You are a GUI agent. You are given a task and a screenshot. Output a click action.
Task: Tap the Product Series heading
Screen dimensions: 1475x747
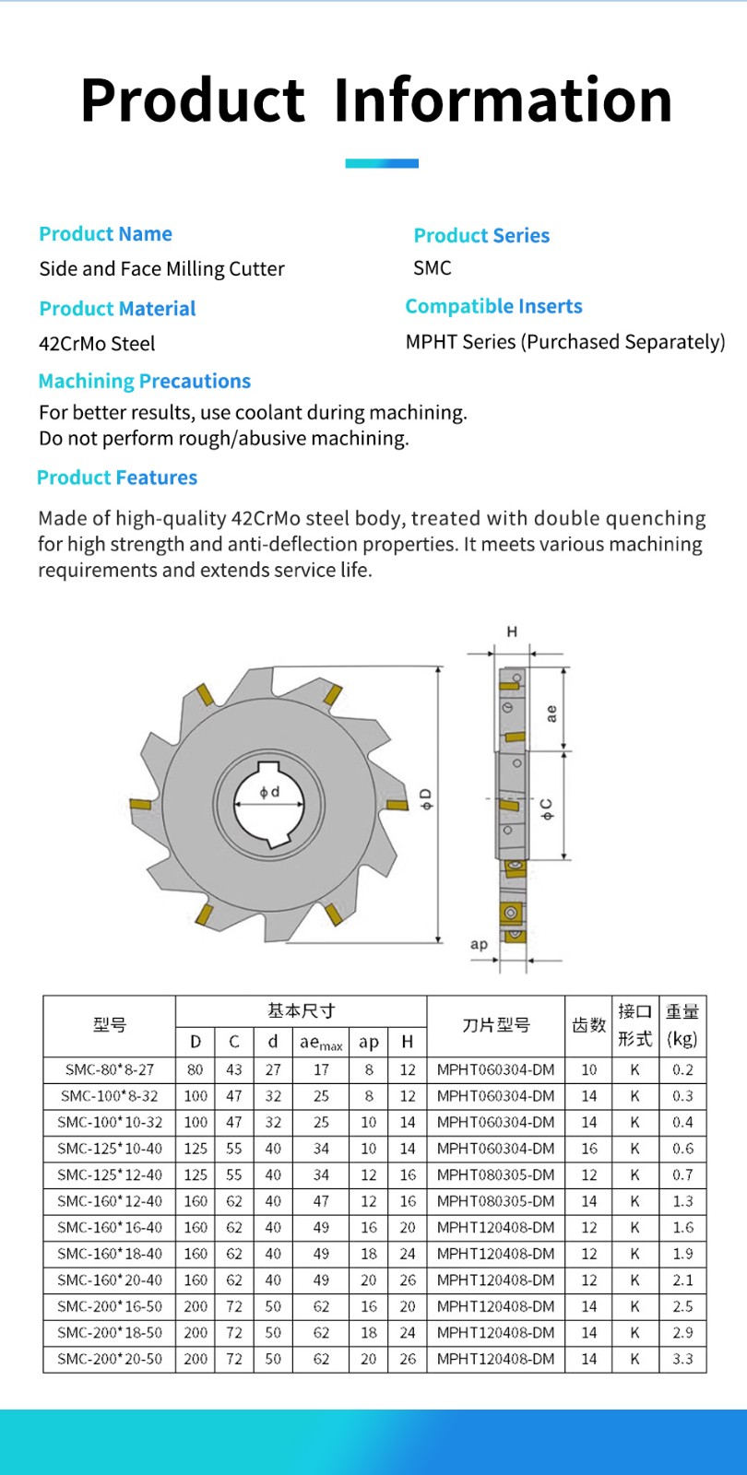(x=481, y=235)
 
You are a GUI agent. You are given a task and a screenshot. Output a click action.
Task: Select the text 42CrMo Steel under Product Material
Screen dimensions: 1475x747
(x=97, y=344)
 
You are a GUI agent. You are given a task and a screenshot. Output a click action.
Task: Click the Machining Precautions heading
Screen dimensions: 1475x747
(x=145, y=381)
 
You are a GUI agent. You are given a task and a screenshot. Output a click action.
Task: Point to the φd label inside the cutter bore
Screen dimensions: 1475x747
(x=269, y=792)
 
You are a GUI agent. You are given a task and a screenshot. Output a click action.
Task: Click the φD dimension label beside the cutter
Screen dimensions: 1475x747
(x=426, y=798)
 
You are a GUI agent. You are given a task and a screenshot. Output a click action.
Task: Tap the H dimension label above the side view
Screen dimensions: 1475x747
(x=512, y=631)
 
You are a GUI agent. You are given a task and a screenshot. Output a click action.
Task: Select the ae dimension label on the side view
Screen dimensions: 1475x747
(x=551, y=714)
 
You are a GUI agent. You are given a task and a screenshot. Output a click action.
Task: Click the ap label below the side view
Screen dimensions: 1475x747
(x=479, y=944)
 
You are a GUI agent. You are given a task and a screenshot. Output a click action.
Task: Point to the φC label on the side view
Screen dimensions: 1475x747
(x=548, y=809)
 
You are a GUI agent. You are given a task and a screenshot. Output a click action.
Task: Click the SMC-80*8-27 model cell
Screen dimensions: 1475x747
(x=109, y=1069)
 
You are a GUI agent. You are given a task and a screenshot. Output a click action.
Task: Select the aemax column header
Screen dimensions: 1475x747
(x=321, y=1043)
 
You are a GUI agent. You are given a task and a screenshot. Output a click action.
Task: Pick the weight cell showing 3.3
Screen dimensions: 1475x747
(x=682, y=1359)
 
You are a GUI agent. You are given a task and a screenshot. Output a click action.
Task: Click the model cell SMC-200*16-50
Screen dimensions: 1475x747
(x=109, y=1306)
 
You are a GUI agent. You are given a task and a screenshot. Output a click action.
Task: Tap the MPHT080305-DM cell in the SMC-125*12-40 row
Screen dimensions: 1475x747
(x=495, y=1174)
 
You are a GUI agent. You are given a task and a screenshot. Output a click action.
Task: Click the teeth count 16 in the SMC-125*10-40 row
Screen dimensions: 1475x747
(x=588, y=1149)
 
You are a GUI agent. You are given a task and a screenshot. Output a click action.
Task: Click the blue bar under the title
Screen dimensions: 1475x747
(x=382, y=163)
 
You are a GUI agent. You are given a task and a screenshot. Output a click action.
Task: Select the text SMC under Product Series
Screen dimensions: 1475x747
(x=433, y=268)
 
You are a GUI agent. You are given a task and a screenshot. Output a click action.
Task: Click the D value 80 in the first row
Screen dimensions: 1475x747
(x=195, y=1069)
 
